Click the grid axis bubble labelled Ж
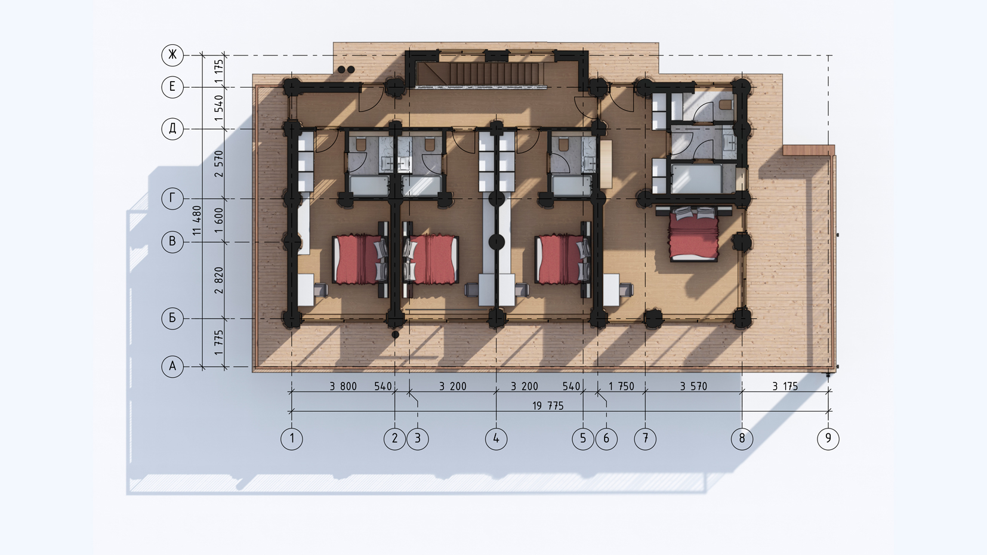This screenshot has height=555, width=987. pos(172,55)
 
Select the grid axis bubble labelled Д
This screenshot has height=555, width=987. pos(172,129)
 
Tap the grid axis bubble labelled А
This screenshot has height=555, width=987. pos(172,366)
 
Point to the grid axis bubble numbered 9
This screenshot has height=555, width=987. pos(828,439)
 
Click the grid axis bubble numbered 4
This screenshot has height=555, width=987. pos(496,439)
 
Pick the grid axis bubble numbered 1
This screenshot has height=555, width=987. pos(292,439)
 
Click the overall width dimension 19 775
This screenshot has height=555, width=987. pos(548,406)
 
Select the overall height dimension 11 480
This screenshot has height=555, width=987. pos(197,220)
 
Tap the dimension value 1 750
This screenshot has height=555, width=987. pos(621,387)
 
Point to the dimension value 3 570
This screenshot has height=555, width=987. pos(693,387)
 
